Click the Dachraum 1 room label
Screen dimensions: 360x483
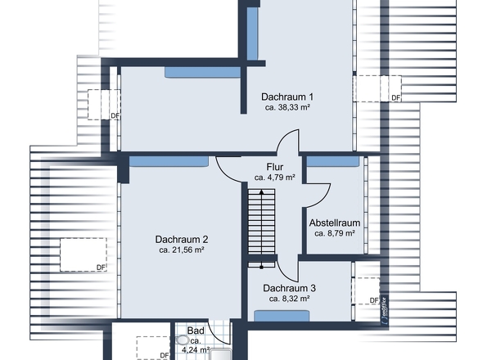click(x=287, y=97)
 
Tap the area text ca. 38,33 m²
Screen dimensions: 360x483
click(x=287, y=108)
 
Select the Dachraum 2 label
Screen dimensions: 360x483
click(x=182, y=239)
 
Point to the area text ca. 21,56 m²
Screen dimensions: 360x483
click(x=182, y=250)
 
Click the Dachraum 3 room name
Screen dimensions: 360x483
click(x=289, y=288)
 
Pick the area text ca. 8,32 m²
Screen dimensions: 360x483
click(x=289, y=299)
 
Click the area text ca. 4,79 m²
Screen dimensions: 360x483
click(x=274, y=178)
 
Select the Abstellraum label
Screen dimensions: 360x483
click(x=335, y=222)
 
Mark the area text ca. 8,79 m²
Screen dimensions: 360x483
click(x=335, y=233)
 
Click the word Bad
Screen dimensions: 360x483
click(x=196, y=331)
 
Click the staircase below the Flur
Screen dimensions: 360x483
click(x=261, y=225)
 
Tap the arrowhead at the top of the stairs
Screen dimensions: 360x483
click(x=261, y=190)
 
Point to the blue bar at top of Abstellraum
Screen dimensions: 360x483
click(x=333, y=161)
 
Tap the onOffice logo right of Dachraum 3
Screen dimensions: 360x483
click(x=385, y=313)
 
